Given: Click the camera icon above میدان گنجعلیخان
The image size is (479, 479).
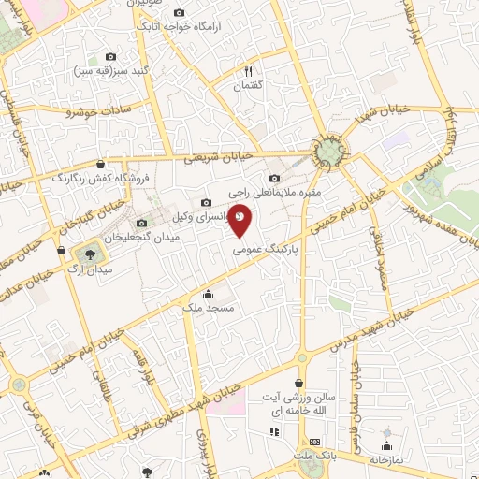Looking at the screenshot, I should click(x=141, y=223).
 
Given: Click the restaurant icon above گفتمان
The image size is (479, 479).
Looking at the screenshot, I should click(x=248, y=71).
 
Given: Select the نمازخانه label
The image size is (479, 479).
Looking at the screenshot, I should click(x=387, y=459).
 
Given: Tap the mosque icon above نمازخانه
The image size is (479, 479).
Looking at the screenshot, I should click(x=386, y=444).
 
